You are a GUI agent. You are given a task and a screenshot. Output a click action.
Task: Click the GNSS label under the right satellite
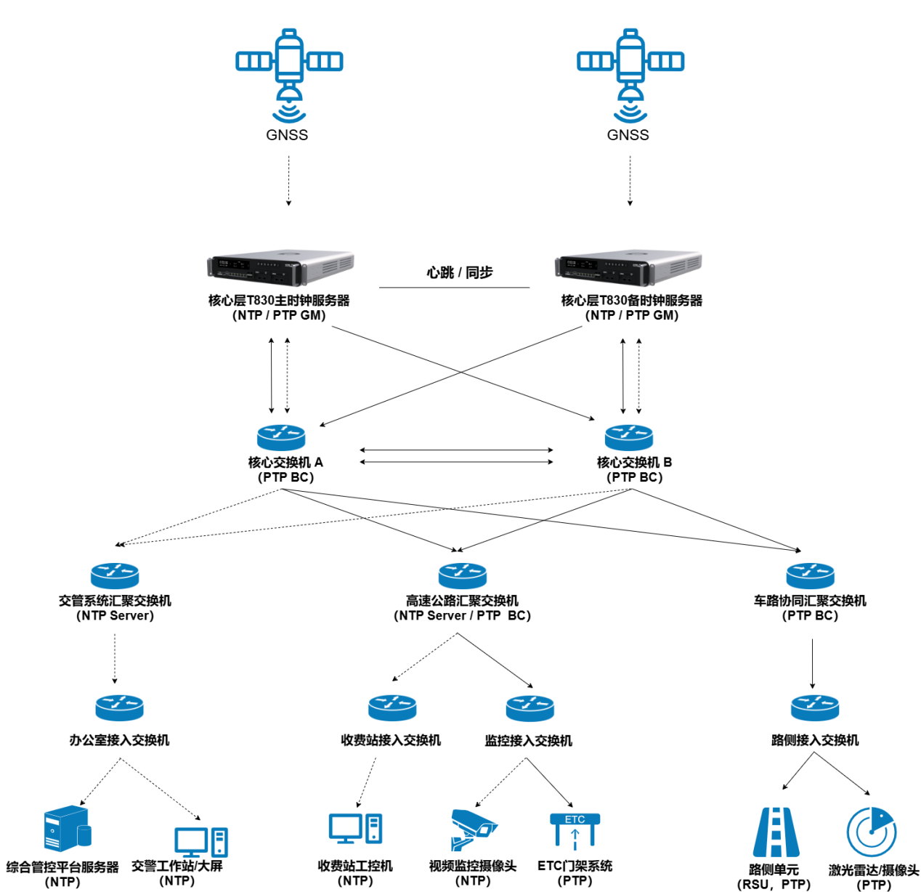click(x=628, y=135)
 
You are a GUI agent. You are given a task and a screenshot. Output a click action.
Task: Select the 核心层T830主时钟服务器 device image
click(x=281, y=268)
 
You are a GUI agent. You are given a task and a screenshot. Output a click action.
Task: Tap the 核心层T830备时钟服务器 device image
click(x=629, y=268)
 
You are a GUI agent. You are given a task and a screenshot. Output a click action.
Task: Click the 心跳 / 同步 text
click(x=459, y=272)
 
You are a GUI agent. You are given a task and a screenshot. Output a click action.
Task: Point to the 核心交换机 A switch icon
click(x=281, y=437)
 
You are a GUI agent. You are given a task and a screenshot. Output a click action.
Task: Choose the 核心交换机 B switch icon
click(x=629, y=437)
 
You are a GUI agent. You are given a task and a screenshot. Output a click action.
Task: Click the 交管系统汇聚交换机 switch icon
click(x=115, y=575)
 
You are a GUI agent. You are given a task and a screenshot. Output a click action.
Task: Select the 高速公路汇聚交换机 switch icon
click(x=463, y=575)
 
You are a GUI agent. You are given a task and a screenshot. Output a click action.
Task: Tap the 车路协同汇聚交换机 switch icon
click(x=810, y=575)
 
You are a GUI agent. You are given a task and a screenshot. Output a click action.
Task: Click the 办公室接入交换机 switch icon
click(x=119, y=708)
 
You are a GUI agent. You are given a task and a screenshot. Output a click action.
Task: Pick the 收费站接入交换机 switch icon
click(x=392, y=708)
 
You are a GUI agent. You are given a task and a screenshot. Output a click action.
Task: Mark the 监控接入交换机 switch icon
click(x=530, y=708)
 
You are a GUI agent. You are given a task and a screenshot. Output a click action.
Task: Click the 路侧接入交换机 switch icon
click(x=815, y=708)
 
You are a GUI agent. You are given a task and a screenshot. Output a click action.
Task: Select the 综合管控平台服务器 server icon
click(x=67, y=828)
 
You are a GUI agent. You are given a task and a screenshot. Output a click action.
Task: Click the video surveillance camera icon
click(x=472, y=829)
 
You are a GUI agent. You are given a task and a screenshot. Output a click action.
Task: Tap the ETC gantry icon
click(x=575, y=830)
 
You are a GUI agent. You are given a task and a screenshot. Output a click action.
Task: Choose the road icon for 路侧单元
click(x=776, y=832)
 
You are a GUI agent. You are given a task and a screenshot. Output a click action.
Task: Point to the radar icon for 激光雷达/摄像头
click(x=871, y=832)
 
